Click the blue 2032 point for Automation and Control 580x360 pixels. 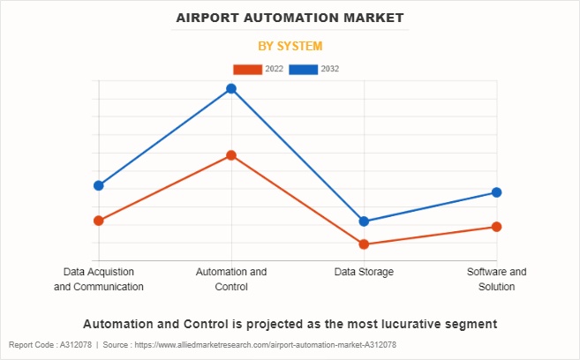click(x=231, y=88)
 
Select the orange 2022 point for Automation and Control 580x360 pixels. click(x=231, y=155)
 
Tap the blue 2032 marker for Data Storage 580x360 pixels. click(x=364, y=221)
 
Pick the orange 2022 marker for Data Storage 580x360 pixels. click(x=364, y=244)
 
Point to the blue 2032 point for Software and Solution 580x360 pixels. click(x=497, y=192)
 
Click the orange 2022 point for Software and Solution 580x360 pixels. click(x=497, y=227)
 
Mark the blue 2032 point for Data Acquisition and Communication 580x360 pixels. click(x=99, y=185)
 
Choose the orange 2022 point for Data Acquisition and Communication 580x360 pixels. click(x=99, y=221)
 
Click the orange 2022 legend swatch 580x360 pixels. click(x=248, y=69)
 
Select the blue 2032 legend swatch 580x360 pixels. click(x=305, y=69)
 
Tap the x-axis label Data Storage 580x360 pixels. click(x=364, y=272)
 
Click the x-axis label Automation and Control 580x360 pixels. click(x=231, y=279)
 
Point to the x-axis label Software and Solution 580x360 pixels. click(x=497, y=279)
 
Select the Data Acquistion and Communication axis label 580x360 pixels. click(x=99, y=279)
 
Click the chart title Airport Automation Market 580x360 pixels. click(x=290, y=18)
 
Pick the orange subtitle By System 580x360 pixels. click(x=290, y=46)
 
